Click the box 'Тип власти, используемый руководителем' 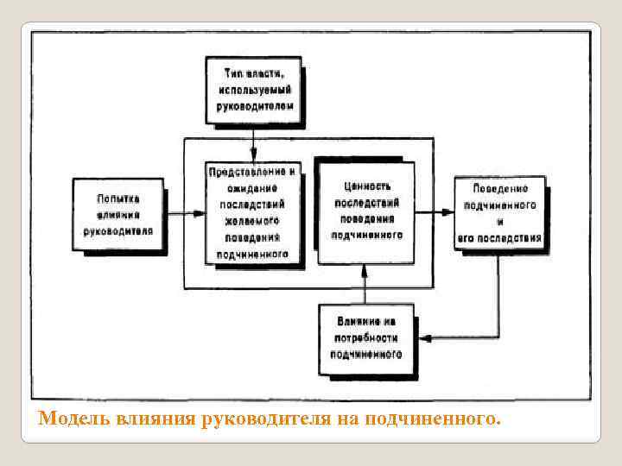point(253,90)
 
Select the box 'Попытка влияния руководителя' point(118,216)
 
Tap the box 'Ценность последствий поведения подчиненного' point(367,210)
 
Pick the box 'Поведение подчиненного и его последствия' point(500,211)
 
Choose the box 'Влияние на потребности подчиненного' point(365,338)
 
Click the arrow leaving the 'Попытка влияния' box point(183,211)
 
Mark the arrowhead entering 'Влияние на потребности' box point(423,338)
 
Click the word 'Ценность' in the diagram point(367,186)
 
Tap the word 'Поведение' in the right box point(501,189)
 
